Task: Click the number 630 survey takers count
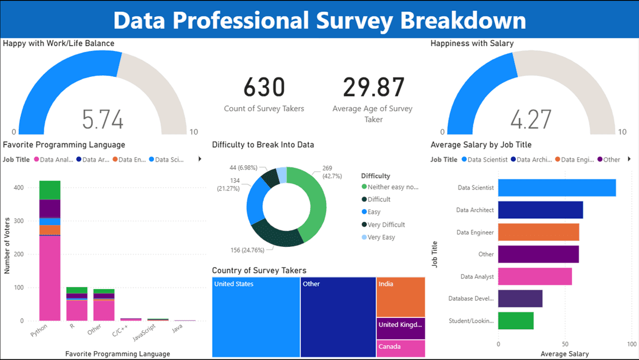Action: (264, 87)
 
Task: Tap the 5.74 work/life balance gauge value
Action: (103, 120)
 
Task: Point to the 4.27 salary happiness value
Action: (531, 120)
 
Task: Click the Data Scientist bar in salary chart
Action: (557, 188)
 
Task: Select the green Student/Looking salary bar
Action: (515, 321)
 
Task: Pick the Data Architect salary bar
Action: (540, 210)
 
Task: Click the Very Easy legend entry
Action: (382, 237)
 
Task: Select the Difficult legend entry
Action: (379, 200)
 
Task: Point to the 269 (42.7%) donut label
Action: (331, 172)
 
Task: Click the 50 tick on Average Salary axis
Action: (566, 343)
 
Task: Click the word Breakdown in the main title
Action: (463, 21)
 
